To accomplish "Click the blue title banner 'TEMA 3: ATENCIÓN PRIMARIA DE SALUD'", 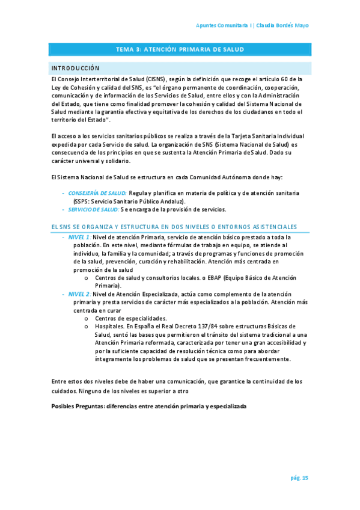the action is [180, 50].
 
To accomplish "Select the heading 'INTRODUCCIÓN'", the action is [75, 68].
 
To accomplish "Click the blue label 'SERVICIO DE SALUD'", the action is [93, 209].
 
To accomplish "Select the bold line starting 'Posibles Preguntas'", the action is [149, 407].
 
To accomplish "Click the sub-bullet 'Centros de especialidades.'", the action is [131, 318].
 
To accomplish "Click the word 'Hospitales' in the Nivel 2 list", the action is [109, 327].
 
